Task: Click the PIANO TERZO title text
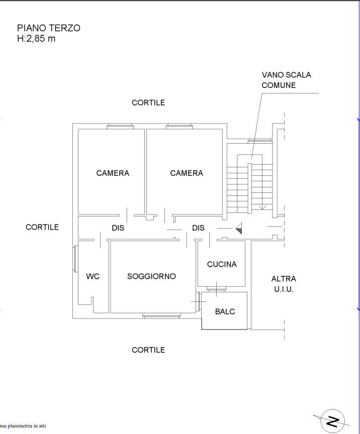pyautogui.click(x=49, y=28)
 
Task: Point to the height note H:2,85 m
pyautogui.click(x=36, y=39)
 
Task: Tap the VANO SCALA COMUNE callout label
pyautogui.click(x=286, y=80)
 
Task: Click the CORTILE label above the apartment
pyautogui.click(x=148, y=102)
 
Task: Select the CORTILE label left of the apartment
pyautogui.click(x=42, y=227)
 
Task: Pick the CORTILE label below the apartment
pyautogui.click(x=148, y=350)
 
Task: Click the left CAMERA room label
pyautogui.click(x=113, y=173)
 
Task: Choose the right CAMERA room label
pyautogui.click(x=187, y=173)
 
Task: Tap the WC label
pyautogui.click(x=93, y=276)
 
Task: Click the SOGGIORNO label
pyautogui.click(x=152, y=276)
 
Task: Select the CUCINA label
pyautogui.click(x=222, y=264)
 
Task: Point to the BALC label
pyautogui.click(x=225, y=311)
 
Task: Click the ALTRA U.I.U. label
pyautogui.click(x=284, y=284)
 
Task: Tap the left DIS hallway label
pyautogui.click(x=118, y=228)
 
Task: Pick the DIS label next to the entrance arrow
pyautogui.click(x=199, y=228)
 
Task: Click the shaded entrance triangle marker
pyautogui.click(x=239, y=229)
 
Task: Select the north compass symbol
pyautogui.click(x=332, y=421)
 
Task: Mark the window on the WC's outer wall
pyautogui.click(x=75, y=259)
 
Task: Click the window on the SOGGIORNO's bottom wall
pyautogui.click(x=161, y=315)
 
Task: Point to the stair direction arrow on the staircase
pyautogui.click(x=262, y=207)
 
